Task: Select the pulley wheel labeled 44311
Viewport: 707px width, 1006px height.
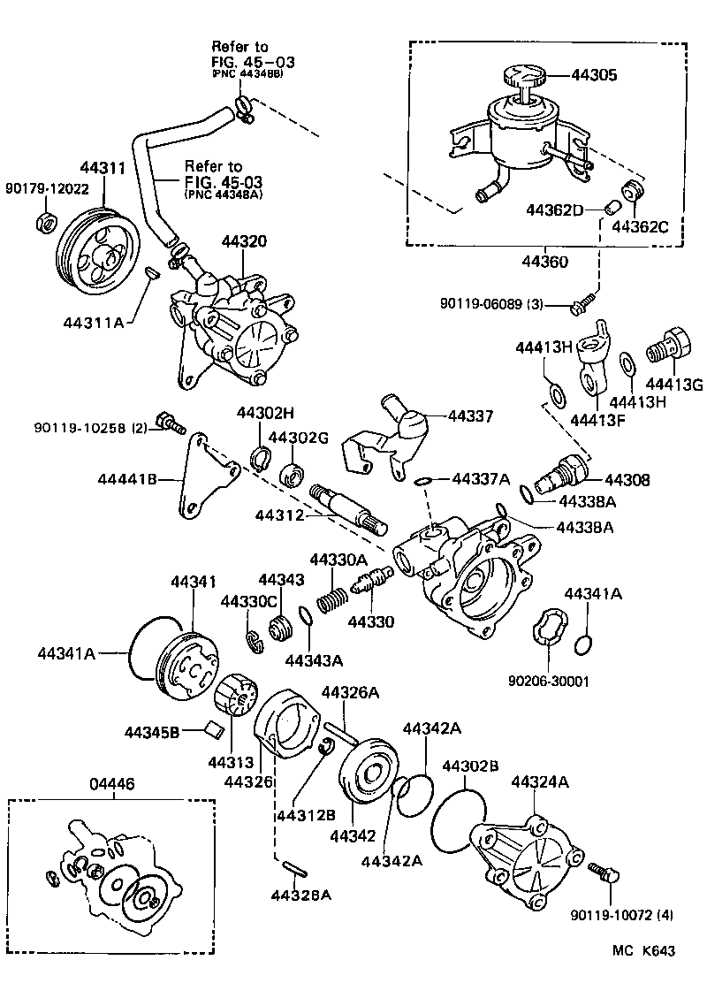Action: (x=92, y=251)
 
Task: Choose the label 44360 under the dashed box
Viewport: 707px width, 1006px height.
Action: (x=544, y=263)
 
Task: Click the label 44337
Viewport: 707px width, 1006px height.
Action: (x=473, y=416)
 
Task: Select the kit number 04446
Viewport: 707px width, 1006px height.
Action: (x=113, y=782)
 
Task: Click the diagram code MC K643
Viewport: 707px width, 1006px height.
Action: (x=645, y=951)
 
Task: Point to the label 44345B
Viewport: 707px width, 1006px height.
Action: (x=152, y=732)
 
